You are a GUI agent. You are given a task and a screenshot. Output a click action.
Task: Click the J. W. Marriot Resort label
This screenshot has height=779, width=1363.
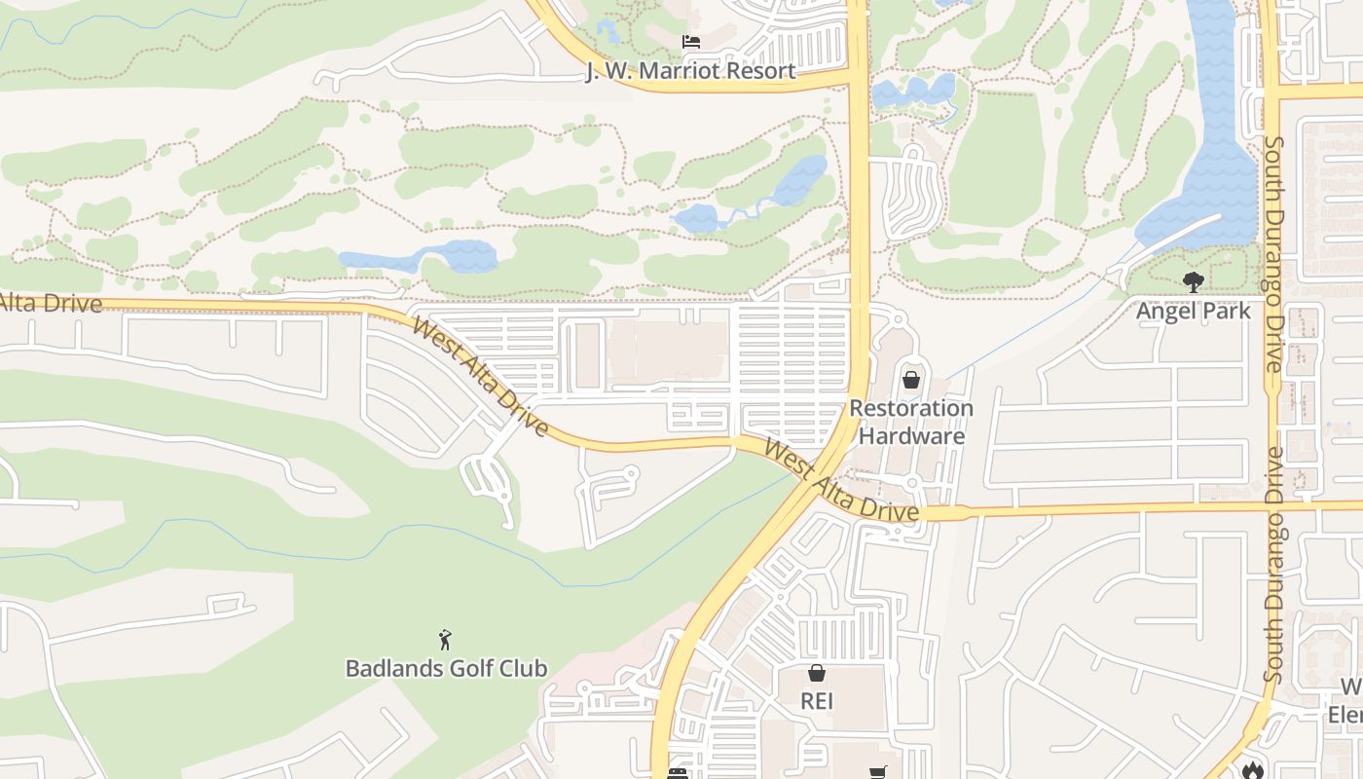click(690, 71)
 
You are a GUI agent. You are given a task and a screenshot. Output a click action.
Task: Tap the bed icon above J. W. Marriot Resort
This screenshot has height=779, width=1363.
click(690, 42)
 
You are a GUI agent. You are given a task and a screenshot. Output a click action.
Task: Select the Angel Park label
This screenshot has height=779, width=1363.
click(1193, 312)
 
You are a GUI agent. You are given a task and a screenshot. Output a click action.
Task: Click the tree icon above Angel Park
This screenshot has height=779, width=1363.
click(1193, 282)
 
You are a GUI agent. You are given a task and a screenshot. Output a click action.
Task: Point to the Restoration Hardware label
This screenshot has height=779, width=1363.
click(911, 422)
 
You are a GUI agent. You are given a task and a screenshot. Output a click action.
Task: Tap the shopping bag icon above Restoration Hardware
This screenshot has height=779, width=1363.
click(911, 380)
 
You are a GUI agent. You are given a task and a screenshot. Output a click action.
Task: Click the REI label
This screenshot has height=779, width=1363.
click(817, 701)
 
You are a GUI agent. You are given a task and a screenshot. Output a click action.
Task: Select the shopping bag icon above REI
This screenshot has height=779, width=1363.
click(817, 673)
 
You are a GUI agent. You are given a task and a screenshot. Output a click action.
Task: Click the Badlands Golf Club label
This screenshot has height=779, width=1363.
click(446, 669)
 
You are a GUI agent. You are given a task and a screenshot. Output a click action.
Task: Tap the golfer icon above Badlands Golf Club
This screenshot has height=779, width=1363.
click(445, 640)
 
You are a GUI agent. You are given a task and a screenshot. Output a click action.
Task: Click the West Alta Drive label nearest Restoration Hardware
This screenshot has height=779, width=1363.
click(840, 480)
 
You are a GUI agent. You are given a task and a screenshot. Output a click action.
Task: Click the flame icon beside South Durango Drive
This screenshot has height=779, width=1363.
click(1252, 769)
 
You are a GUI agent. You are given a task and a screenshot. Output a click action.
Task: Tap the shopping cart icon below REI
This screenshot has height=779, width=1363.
click(877, 773)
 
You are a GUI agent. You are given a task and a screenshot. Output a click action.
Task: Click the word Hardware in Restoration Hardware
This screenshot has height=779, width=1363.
click(911, 435)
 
